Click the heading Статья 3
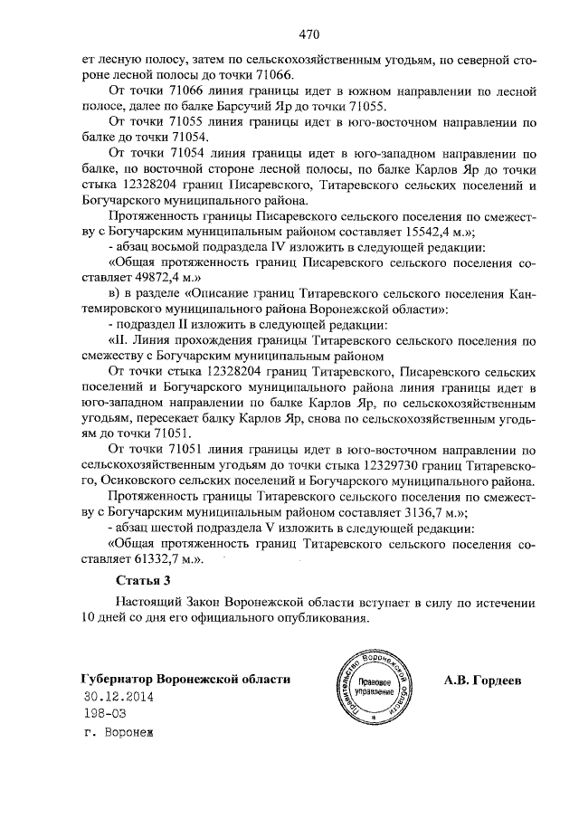pyautogui.click(x=143, y=579)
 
